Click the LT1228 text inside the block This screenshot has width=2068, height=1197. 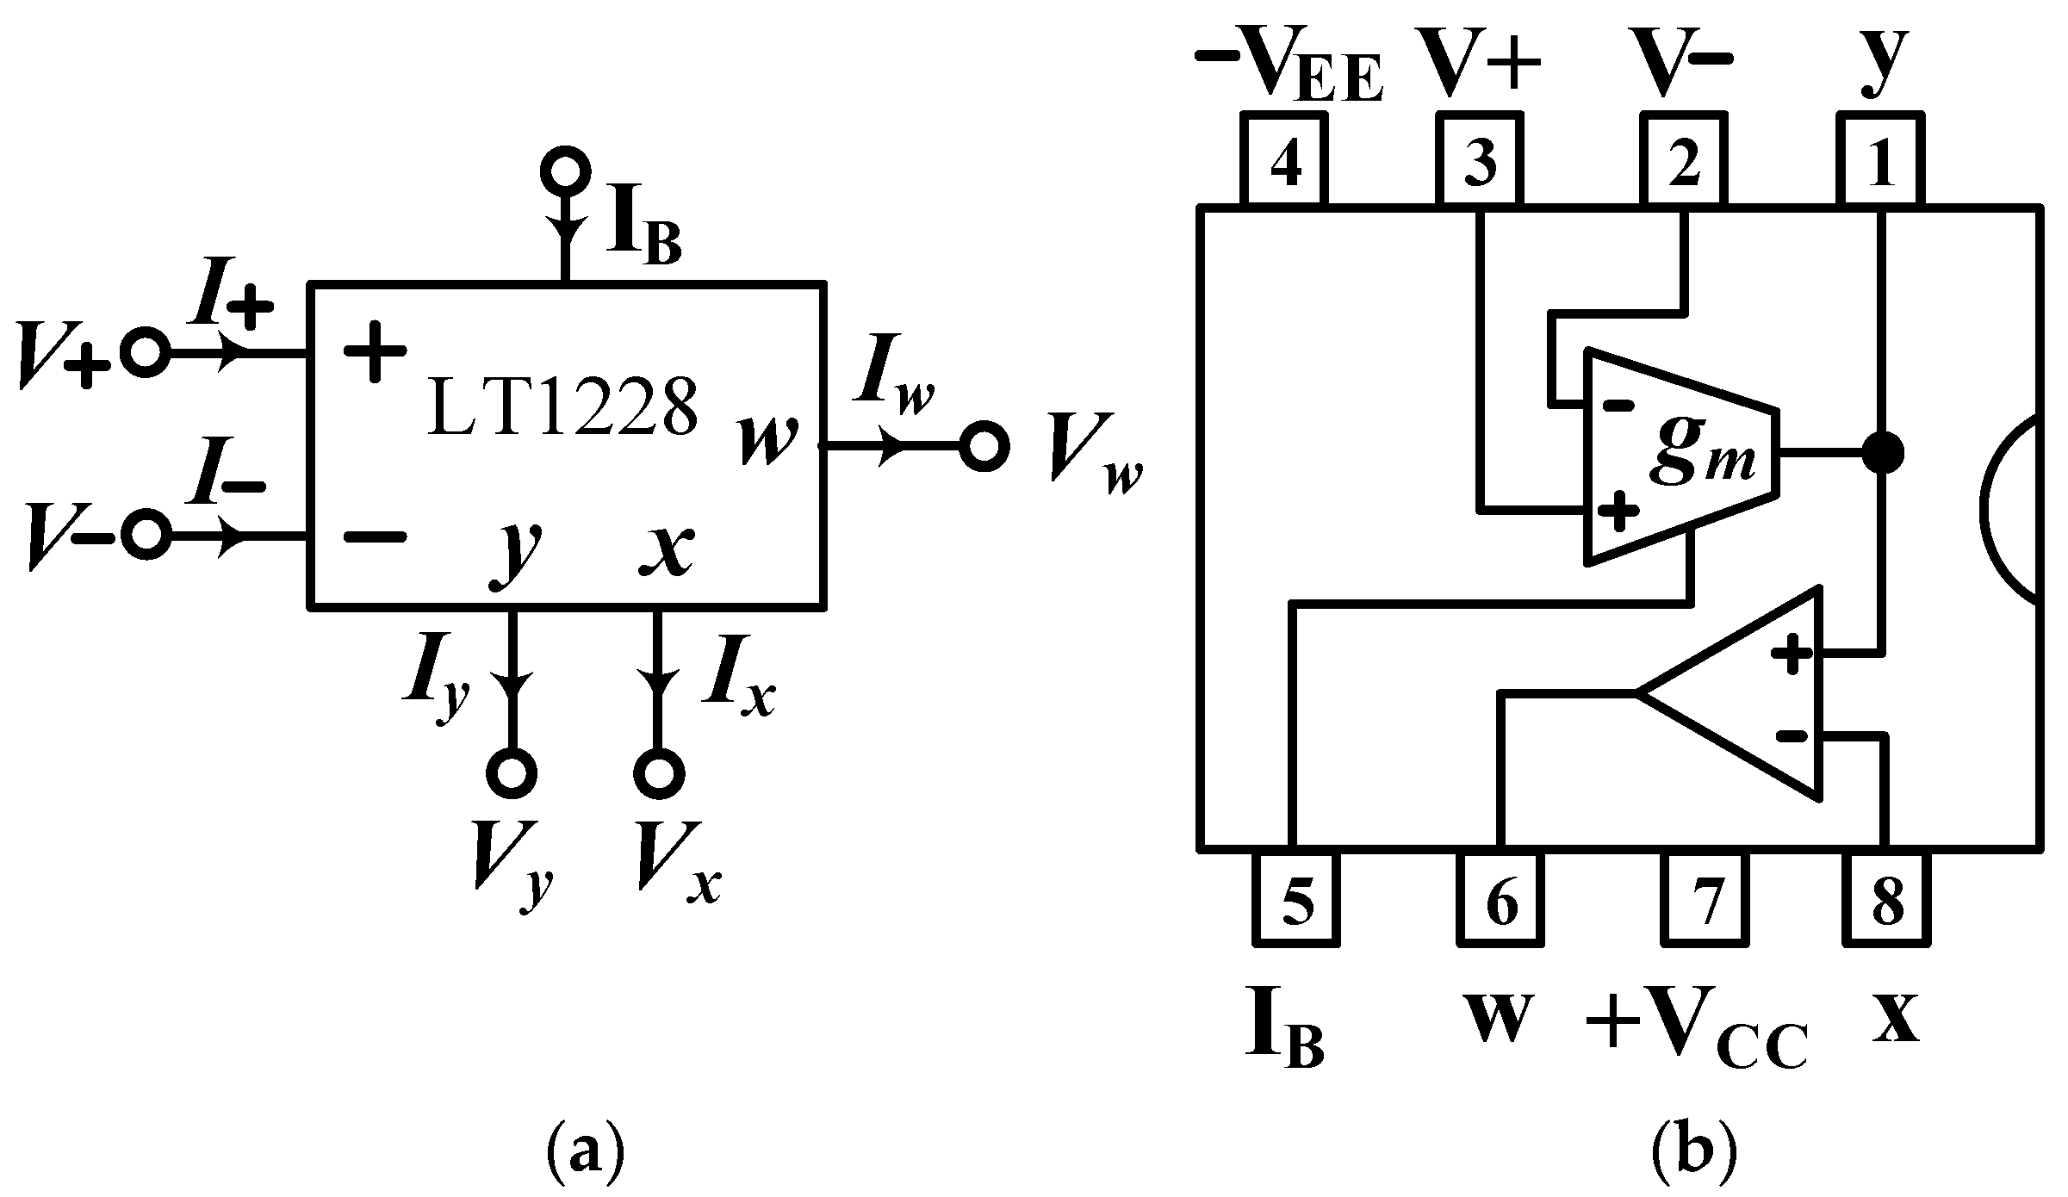click(x=562, y=409)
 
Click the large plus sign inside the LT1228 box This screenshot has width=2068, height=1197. click(x=373, y=350)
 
